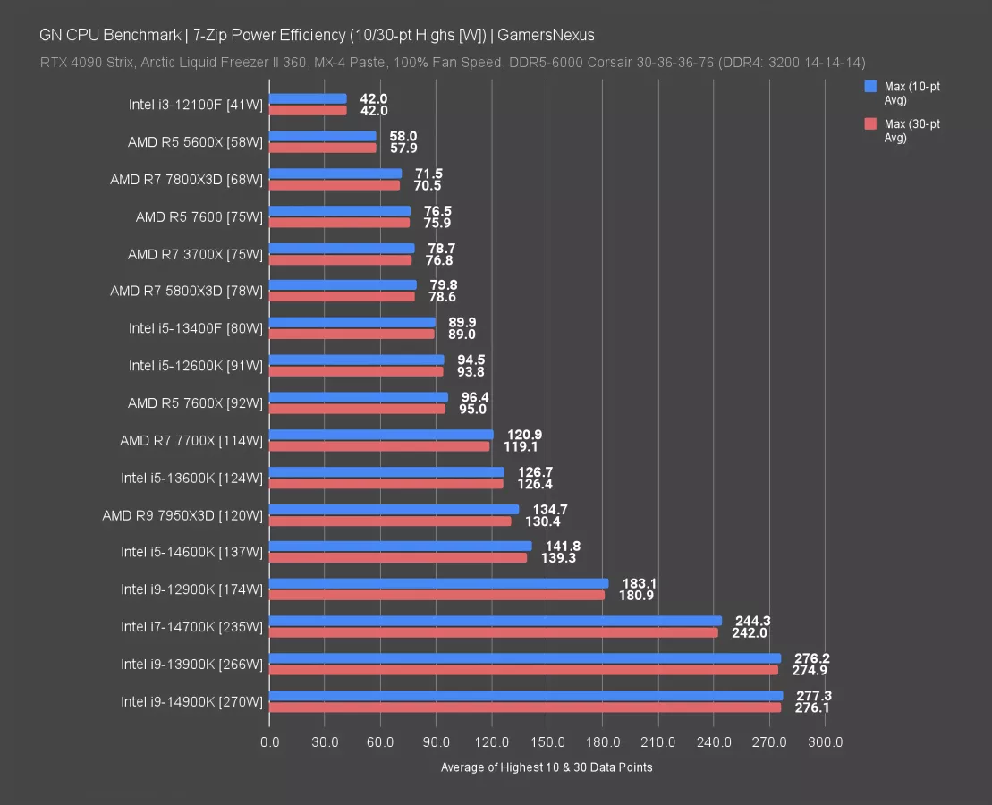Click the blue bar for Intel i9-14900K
tap(526, 696)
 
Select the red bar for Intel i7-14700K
tap(493, 632)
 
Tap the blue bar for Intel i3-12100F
tap(308, 99)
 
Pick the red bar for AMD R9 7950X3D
tap(390, 521)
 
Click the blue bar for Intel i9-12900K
tap(438, 583)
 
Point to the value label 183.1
tap(640, 583)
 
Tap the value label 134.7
tap(550, 509)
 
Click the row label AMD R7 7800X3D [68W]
tap(187, 180)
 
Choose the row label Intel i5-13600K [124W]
tap(192, 478)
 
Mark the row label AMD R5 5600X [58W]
tap(196, 142)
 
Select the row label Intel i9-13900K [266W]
tap(192, 665)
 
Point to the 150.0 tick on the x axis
tap(547, 742)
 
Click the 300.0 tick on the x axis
tap(825, 742)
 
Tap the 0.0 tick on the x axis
tap(269, 742)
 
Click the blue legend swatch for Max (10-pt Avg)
tap(869, 87)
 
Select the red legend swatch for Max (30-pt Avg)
tap(869, 124)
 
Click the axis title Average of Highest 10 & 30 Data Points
tap(547, 767)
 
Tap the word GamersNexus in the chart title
tap(546, 35)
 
